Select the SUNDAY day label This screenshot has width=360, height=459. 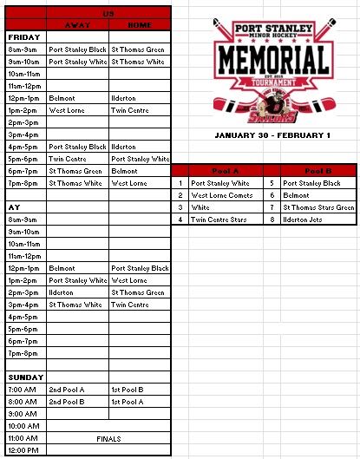click(25, 377)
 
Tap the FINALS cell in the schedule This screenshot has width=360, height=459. click(108, 439)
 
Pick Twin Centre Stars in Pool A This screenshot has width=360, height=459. click(219, 220)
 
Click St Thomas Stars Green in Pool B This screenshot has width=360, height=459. click(318, 208)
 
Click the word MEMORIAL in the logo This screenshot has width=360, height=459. click(272, 60)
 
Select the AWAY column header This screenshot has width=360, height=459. click(77, 25)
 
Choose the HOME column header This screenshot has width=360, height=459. click(139, 25)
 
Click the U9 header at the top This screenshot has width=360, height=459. click(108, 15)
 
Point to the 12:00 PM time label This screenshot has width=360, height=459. click(23, 451)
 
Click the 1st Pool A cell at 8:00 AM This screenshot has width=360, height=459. click(128, 403)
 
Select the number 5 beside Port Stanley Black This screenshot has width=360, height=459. click(272, 184)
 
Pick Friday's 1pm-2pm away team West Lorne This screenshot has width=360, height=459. click(67, 111)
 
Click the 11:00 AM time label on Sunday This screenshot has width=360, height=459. click(23, 439)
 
